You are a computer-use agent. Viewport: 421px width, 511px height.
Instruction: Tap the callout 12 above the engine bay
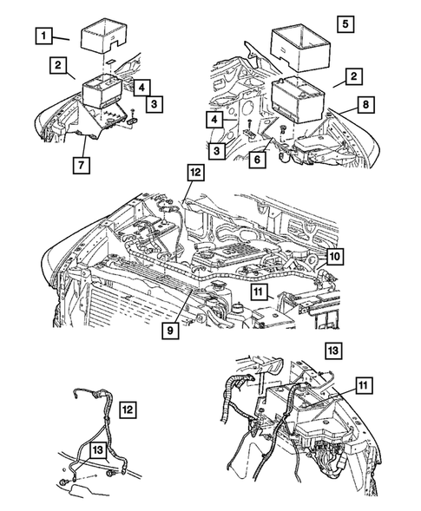(194, 174)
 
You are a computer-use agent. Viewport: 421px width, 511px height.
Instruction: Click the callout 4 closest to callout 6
(213, 118)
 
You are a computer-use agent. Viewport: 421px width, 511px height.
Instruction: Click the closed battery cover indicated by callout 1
(105, 39)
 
